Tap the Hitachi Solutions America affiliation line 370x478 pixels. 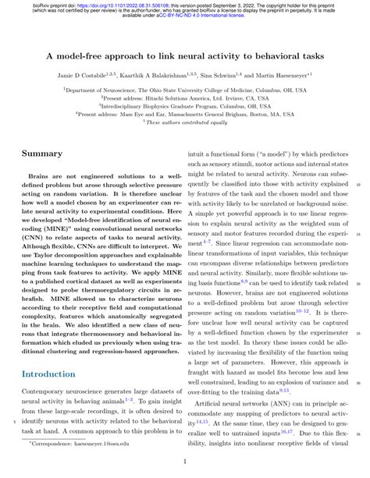pos(185,99)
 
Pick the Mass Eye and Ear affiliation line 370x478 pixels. pos(185,113)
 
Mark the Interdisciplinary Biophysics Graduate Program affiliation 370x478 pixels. pos(185,106)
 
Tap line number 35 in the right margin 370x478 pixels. pos(358,435)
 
